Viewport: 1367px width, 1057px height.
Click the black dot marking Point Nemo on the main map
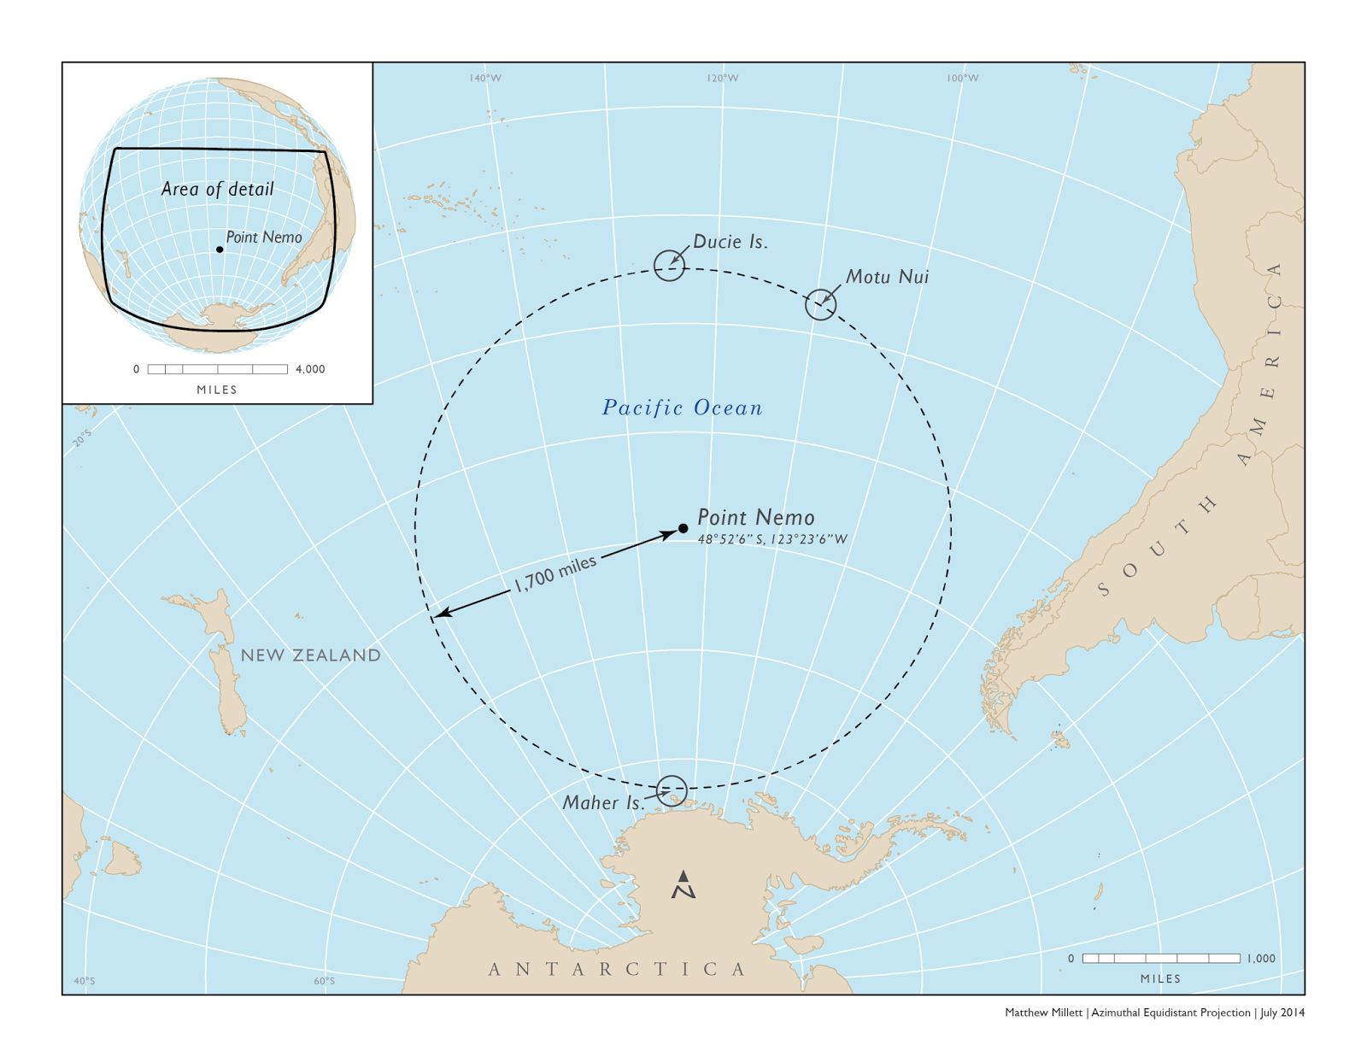(683, 528)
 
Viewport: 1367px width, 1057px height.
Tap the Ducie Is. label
(730, 242)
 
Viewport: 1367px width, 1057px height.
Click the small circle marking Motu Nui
(820, 304)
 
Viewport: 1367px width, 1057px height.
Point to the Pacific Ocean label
(682, 408)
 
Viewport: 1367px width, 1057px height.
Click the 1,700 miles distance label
(554, 573)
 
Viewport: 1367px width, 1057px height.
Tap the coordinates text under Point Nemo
(772, 539)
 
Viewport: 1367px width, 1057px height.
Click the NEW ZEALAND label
(310, 655)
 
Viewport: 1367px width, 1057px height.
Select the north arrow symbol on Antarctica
(683, 885)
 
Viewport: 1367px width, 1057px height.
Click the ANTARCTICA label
(618, 969)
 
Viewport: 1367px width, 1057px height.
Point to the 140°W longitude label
(485, 79)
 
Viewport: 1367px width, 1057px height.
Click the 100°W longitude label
(962, 79)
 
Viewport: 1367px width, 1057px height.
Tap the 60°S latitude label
(324, 981)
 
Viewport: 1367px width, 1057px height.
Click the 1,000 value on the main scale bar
(1261, 959)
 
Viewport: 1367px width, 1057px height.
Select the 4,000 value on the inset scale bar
(310, 369)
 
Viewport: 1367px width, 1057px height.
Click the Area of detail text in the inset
(217, 189)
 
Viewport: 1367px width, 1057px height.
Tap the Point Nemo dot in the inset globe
(220, 250)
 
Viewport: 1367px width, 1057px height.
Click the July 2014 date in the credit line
(1282, 1013)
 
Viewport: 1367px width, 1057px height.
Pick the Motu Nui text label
(887, 277)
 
